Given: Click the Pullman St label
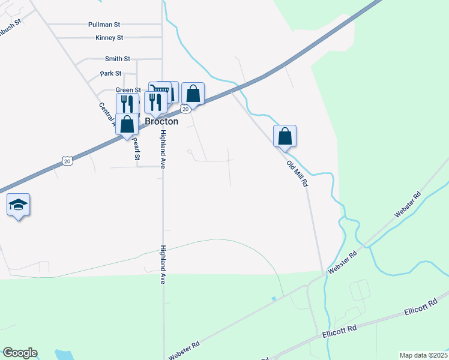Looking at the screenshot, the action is (x=104, y=25).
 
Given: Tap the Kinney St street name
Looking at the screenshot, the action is (x=109, y=38).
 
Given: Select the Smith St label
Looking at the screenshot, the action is (x=117, y=59).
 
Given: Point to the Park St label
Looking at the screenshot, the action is (x=110, y=73).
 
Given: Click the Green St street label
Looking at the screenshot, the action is (x=128, y=90).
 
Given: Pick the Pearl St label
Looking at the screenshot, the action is (x=136, y=149).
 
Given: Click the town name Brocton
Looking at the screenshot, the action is (x=161, y=121).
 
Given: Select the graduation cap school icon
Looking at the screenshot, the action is (x=19, y=205).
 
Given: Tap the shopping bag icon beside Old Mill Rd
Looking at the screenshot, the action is (x=285, y=136).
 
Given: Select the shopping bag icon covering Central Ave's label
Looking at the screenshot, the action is (x=127, y=125).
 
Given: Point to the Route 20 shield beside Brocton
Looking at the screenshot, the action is (x=185, y=109).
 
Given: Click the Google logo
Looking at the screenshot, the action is (x=20, y=353).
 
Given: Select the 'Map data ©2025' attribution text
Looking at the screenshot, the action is (x=423, y=355).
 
